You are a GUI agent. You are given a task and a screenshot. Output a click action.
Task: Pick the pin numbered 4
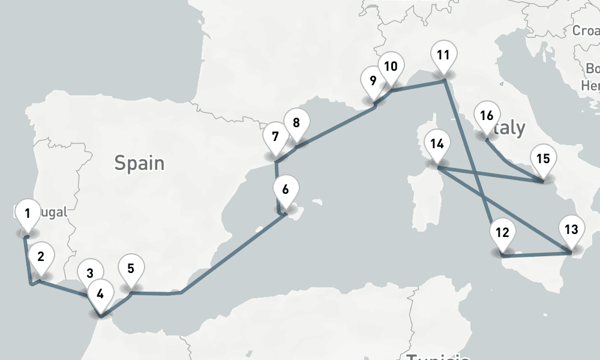click(x=100, y=295)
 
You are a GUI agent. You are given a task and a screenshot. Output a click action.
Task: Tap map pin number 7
click(x=275, y=137)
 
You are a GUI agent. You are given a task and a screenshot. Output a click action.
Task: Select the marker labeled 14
click(x=437, y=145)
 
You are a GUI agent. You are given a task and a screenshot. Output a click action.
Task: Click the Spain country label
click(x=139, y=163)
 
